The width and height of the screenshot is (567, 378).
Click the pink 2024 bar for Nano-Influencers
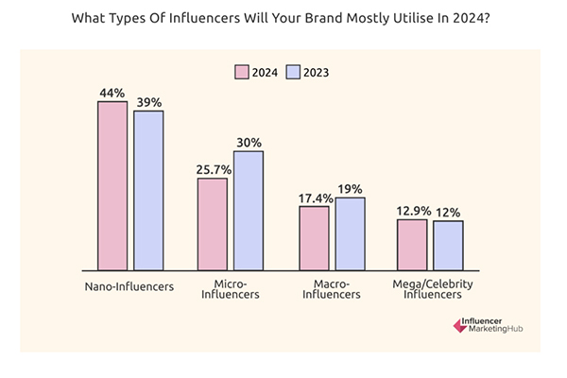[x=112, y=185]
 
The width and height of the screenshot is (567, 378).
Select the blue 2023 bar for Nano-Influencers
[x=148, y=190]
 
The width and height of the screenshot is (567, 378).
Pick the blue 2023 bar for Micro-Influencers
[x=249, y=210]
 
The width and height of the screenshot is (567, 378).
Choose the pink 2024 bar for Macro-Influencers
[x=314, y=237]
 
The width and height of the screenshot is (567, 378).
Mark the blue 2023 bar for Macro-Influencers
[x=350, y=233]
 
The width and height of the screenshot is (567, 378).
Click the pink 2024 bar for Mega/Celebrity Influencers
[x=412, y=245]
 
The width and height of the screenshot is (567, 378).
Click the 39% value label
[x=148, y=101]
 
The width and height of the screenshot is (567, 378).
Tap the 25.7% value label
[x=212, y=168]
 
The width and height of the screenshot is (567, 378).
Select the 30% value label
[x=249, y=142]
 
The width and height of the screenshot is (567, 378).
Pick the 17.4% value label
[x=314, y=197]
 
